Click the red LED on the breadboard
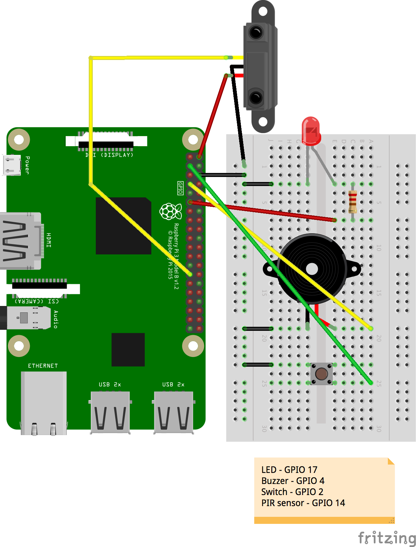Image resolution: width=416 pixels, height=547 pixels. [311, 131]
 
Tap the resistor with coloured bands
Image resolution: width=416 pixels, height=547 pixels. [352, 202]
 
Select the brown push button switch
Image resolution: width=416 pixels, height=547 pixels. [322, 374]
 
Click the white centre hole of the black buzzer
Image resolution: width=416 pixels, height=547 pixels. [312, 269]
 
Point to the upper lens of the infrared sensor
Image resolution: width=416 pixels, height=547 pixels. [256, 33]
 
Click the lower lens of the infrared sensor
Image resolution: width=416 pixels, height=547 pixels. [256, 98]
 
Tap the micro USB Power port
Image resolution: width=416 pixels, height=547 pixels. [12, 165]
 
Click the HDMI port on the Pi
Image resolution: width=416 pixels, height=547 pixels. [20, 241]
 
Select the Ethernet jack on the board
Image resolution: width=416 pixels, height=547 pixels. [44, 402]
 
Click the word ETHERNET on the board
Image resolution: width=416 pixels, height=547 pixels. [43, 366]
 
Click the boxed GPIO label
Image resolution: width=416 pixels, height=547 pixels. [180, 188]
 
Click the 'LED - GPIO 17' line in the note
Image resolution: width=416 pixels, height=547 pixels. [289, 470]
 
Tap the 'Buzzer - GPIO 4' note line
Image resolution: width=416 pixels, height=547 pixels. [293, 481]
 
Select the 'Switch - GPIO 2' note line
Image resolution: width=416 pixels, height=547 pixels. [292, 492]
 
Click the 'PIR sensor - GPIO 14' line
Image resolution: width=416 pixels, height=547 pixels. [303, 503]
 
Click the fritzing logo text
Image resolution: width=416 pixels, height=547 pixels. [387, 538]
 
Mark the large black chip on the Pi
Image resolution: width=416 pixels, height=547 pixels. [123, 226]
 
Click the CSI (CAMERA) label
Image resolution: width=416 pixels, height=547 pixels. [37, 301]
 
